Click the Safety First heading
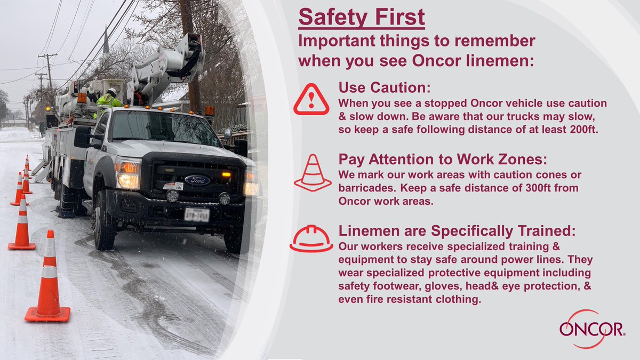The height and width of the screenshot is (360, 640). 362,17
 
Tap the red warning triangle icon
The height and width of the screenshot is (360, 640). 311,99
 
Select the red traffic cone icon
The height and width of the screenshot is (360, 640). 312,173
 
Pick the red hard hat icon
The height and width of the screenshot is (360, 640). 311,238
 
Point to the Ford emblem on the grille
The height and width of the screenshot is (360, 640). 197,180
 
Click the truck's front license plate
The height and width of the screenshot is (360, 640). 196,214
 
